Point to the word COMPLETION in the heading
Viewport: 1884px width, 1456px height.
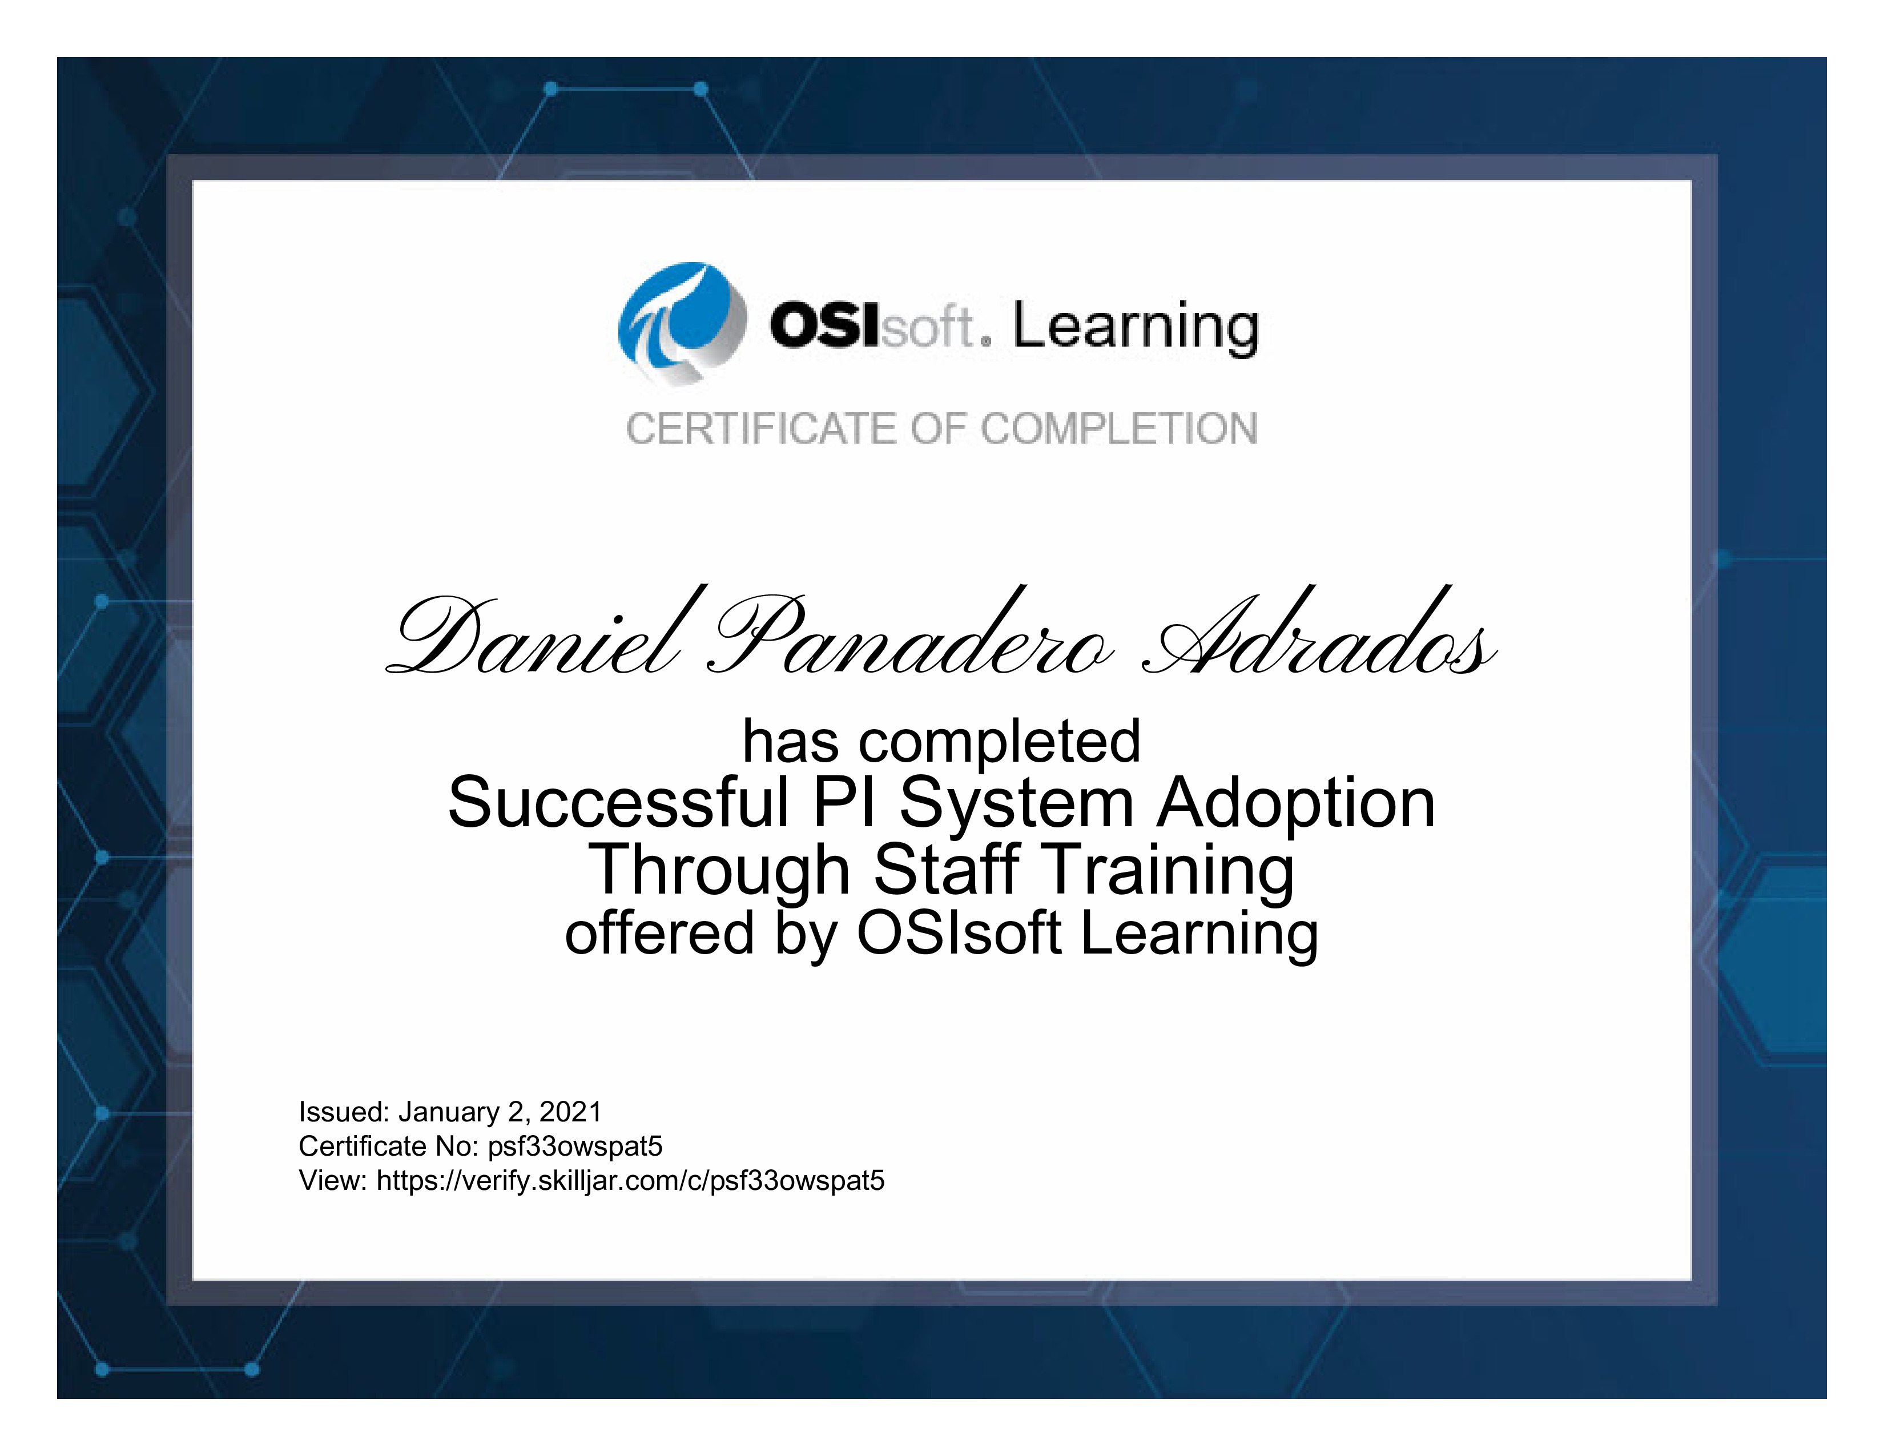click(1119, 429)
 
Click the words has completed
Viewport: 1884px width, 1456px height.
click(942, 741)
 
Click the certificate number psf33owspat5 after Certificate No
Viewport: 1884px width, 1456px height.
click(575, 1147)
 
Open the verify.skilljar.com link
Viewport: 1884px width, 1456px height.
click(631, 1181)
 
